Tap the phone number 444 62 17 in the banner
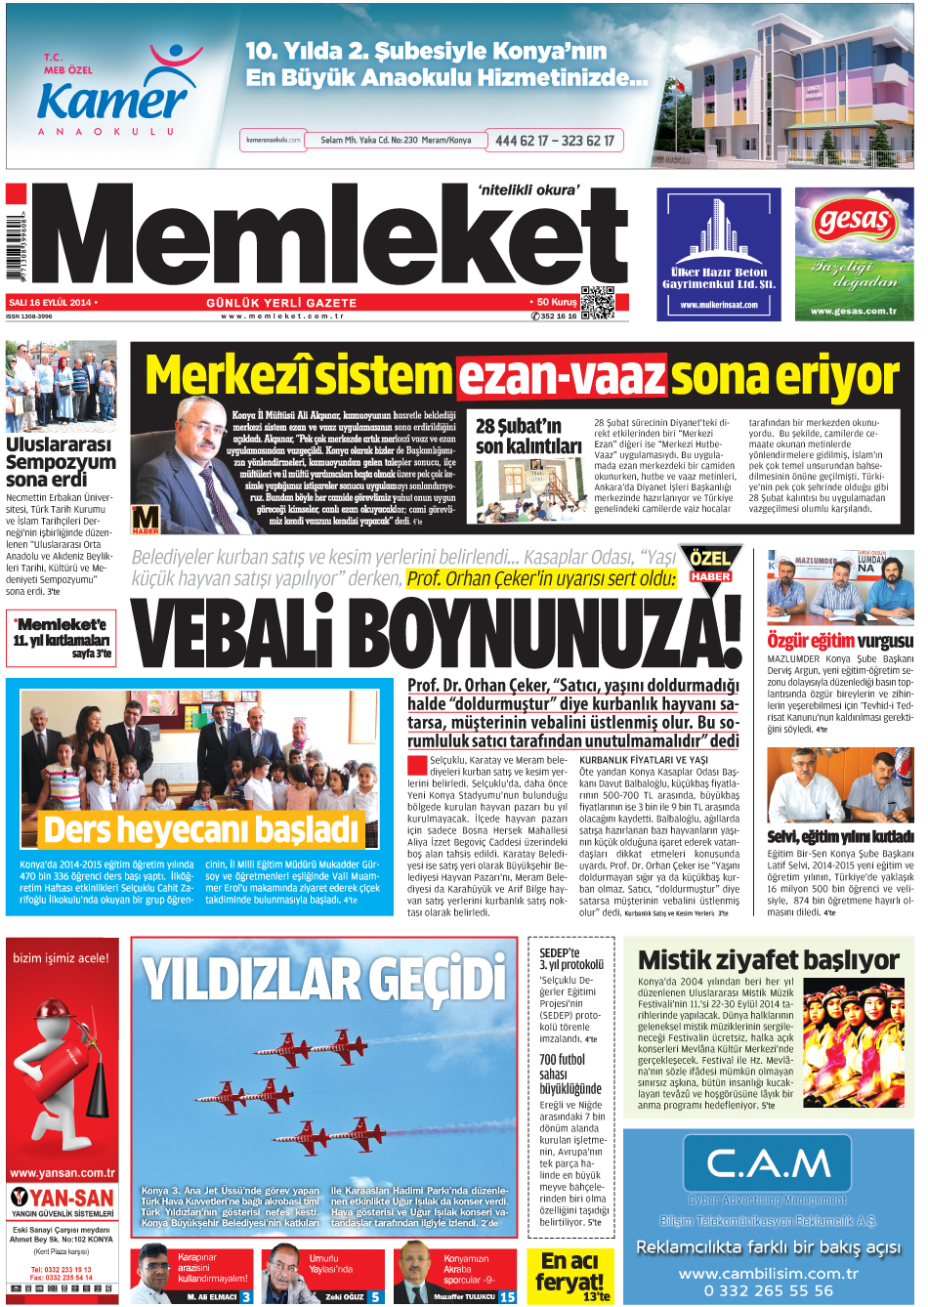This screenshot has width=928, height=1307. point(522,141)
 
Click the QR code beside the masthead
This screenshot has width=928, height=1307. point(597,302)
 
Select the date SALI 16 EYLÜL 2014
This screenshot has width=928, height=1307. point(50,303)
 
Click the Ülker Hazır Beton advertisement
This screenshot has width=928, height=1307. point(718,254)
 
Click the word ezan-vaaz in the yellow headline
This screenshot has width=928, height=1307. point(562,376)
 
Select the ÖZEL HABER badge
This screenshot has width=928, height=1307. point(710,565)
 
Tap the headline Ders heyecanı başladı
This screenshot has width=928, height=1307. point(201,829)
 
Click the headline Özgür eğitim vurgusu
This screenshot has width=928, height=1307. point(840,641)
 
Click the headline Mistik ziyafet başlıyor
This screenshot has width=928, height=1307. point(769,959)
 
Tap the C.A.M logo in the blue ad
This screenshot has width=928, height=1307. point(768,1163)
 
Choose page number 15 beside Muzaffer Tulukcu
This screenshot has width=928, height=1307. point(507,1297)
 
